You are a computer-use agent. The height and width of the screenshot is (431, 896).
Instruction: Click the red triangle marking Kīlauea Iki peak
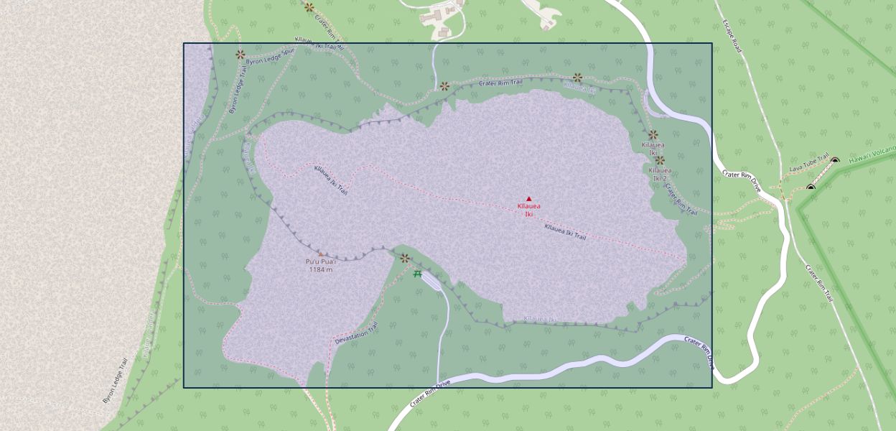point(529,199)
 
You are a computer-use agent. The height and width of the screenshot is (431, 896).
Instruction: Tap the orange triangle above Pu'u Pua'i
point(321,254)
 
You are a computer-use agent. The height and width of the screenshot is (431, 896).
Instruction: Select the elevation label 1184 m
point(321,270)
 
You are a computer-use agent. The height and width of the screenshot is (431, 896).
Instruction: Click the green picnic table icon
point(418,274)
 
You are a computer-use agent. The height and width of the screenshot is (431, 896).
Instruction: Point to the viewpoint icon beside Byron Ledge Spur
point(241,54)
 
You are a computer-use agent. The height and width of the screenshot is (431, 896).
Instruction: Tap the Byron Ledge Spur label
point(270,57)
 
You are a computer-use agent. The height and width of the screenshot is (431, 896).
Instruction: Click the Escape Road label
point(731,36)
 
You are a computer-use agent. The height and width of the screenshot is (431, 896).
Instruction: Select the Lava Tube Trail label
point(809,167)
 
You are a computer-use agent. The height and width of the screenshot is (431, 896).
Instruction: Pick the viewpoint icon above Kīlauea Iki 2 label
point(660,160)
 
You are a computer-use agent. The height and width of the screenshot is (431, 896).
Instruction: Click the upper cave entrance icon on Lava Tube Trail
point(835,160)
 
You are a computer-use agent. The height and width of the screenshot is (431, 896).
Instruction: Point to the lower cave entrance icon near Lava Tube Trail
point(811,188)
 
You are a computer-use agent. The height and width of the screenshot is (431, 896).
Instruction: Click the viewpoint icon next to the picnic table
point(404,258)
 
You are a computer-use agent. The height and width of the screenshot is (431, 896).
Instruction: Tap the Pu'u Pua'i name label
point(321,262)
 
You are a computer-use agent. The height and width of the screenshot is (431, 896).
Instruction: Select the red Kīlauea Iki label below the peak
point(529,210)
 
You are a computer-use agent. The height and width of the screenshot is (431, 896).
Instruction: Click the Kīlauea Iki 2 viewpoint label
point(660,174)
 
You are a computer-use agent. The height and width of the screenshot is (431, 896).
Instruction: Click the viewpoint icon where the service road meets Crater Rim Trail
point(444,86)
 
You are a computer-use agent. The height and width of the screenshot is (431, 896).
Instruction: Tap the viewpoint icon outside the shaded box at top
point(309,7)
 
